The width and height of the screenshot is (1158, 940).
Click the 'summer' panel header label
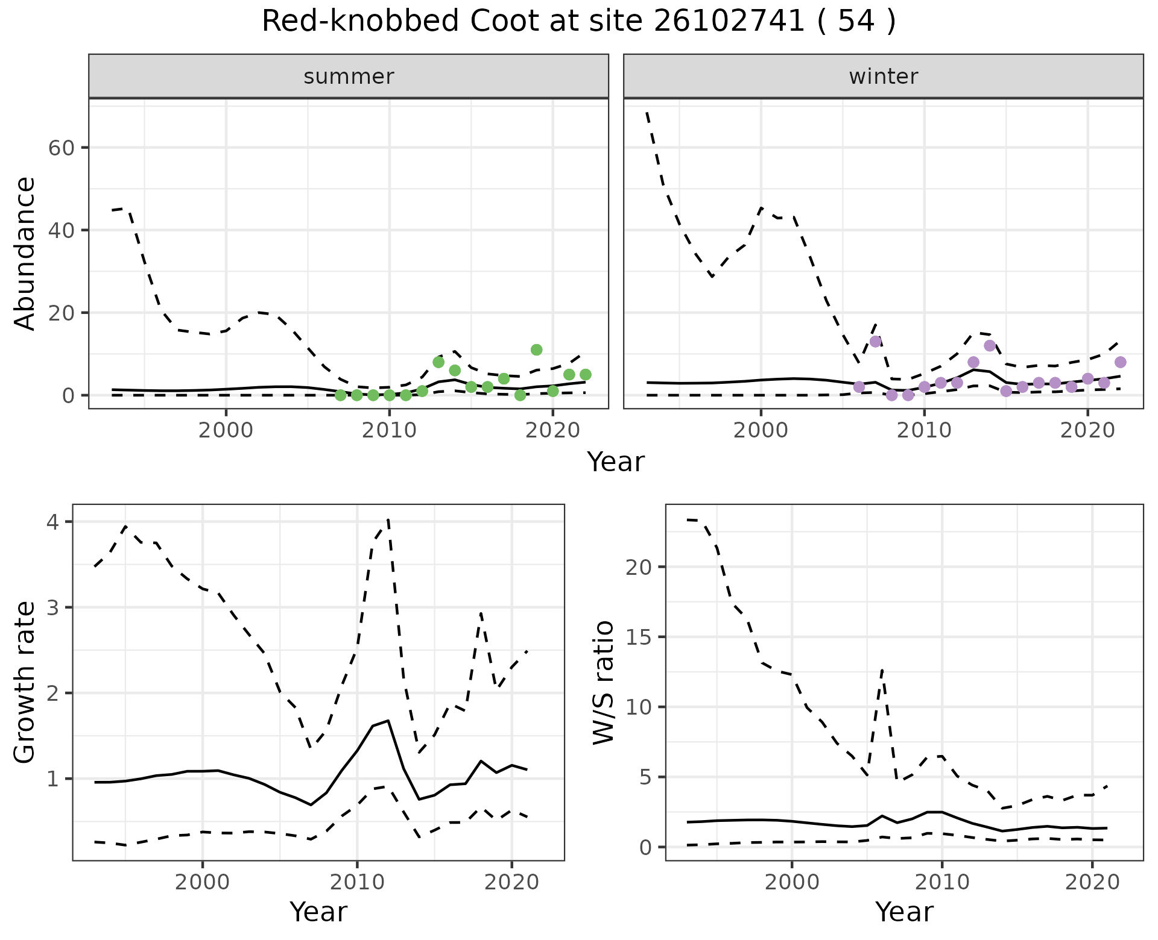(x=349, y=77)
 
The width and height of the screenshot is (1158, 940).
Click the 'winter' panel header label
(x=883, y=77)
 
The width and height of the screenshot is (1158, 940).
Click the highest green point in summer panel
(x=536, y=350)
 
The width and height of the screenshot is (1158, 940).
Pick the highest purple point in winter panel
(x=876, y=342)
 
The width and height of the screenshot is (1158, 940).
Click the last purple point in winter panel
(x=1120, y=362)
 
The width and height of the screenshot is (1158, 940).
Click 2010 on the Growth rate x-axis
(x=356, y=883)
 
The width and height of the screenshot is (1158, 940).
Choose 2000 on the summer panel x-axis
(x=226, y=431)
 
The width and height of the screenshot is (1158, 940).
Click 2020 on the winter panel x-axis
(x=1087, y=431)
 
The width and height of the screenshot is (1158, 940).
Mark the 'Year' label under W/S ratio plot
(x=904, y=912)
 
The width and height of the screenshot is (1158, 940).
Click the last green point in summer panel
(x=585, y=375)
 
